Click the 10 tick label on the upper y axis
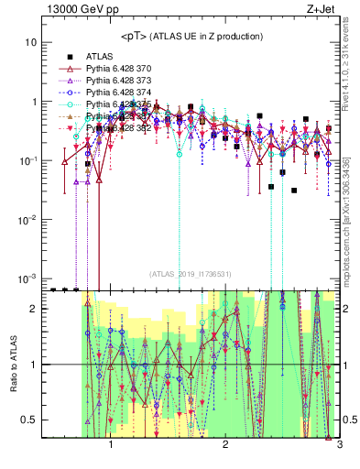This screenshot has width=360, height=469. (30, 43)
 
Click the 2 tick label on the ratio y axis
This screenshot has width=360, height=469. (32, 309)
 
